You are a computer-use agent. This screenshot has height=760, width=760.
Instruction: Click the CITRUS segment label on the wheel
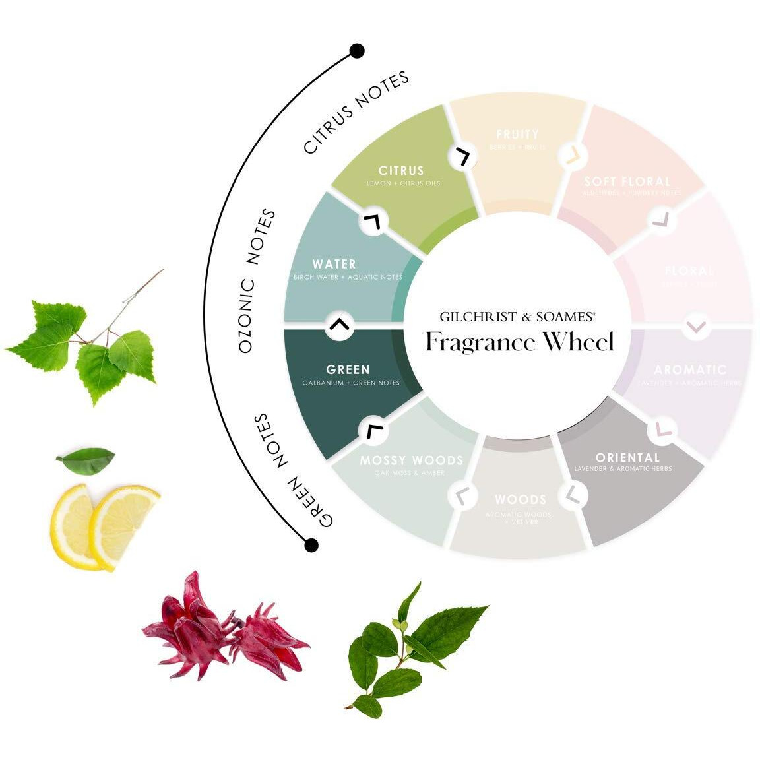point(401,170)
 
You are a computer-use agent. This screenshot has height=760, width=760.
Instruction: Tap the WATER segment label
point(334,264)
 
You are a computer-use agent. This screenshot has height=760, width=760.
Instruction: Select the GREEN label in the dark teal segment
point(348,369)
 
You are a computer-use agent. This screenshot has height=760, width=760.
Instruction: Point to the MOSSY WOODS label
point(411,460)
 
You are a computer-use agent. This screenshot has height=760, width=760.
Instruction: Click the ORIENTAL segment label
point(627,457)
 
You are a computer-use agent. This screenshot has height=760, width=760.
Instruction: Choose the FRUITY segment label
point(517,135)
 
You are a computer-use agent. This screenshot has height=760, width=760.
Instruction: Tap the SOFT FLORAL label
point(627,181)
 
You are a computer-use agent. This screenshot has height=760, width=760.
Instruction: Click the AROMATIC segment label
point(689,369)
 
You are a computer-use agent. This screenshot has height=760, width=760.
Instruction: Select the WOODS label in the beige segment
point(520,499)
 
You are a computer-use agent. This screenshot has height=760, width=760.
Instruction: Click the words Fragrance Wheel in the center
point(520,342)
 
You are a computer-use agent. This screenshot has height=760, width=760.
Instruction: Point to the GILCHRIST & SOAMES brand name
point(518,317)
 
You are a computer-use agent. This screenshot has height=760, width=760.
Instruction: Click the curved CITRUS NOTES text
point(356,112)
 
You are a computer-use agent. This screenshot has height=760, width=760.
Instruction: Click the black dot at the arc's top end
point(357,51)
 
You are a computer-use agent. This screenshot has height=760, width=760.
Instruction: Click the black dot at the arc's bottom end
point(311,545)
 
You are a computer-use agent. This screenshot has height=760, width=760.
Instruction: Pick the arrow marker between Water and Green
point(340,325)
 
